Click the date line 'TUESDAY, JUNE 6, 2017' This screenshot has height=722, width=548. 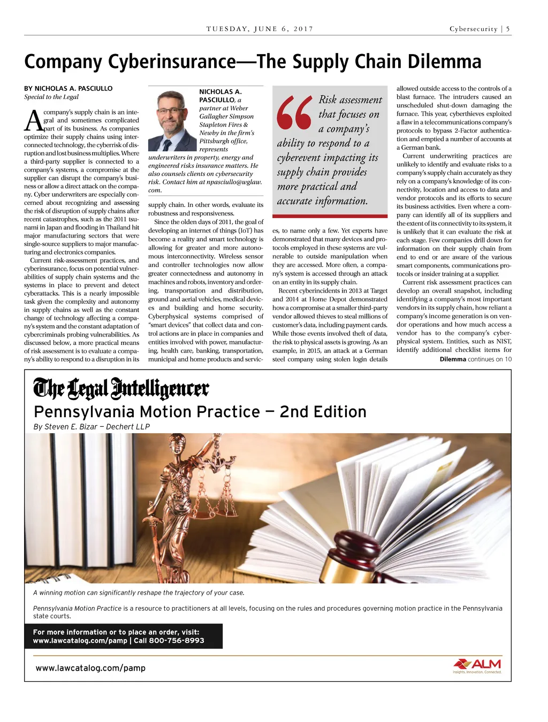[260, 29]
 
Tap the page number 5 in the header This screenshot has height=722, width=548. [508, 29]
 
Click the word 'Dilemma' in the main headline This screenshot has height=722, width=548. [444, 62]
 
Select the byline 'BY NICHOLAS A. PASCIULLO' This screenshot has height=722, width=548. [68, 88]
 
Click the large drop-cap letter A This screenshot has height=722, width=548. [34, 121]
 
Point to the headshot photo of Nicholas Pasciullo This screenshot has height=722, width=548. [172, 120]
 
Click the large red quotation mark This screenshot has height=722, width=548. [294, 112]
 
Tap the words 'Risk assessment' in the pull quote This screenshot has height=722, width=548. [351, 100]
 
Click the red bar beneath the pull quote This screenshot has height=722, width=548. [330, 216]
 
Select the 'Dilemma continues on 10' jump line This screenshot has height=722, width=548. [475, 359]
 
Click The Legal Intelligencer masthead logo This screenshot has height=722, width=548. [121, 389]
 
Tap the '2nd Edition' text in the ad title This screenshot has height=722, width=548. [323, 412]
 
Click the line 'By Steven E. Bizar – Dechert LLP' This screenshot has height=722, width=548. [92, 427]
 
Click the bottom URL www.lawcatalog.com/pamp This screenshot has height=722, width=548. [90, 668]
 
